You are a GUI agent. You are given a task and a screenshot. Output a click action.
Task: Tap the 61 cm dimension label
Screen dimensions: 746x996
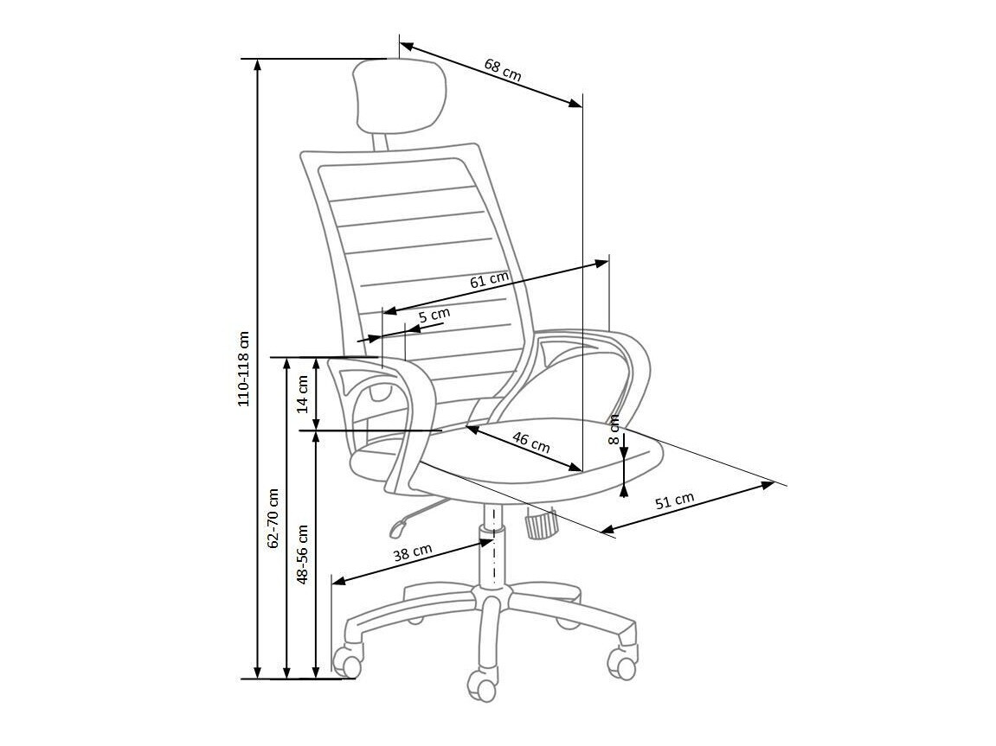[x=489, y=280]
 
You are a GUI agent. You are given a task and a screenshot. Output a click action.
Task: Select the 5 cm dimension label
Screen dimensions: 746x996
[x=434, y=316]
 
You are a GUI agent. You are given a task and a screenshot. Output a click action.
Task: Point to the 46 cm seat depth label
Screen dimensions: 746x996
[x=530, y=442]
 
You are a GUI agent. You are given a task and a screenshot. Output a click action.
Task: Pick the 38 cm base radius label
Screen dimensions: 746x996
[x=413, y=552]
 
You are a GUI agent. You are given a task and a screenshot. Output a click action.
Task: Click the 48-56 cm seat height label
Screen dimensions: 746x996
[x=303, y=553]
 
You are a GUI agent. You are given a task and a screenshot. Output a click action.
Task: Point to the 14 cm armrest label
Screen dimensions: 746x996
[x=303, y=393]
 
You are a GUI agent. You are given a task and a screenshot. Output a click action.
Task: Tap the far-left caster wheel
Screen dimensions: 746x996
[x=348, y=663]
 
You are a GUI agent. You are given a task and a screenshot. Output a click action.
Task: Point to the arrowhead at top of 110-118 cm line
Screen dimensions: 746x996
[x=257, y=66]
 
